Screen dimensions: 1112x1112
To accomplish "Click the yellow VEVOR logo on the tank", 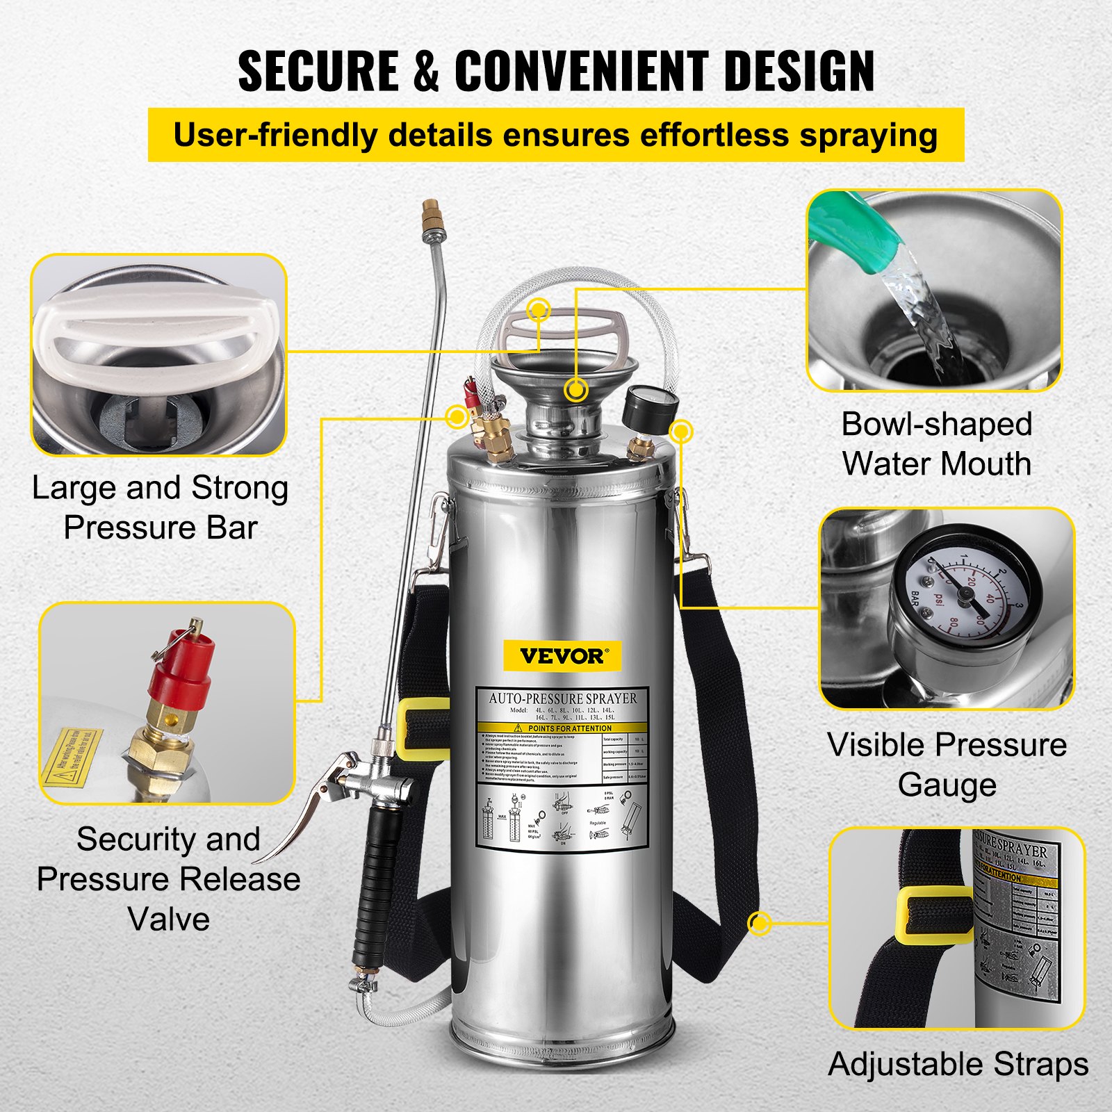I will (x=562, y=655).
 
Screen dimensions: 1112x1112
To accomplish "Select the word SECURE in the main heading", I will (x=318, y=71).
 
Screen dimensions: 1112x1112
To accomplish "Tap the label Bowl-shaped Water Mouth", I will (x=936, y=444).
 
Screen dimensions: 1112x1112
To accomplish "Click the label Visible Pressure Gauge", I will (x=947, y=764).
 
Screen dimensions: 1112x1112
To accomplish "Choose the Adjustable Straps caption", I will (x=958, y=1065).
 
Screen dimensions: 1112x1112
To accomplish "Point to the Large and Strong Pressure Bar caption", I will (x=160, y=507).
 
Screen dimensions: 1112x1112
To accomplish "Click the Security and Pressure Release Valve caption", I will (x=168, y=879).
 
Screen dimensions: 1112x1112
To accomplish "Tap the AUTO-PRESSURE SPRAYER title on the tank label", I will (x=562, y=698).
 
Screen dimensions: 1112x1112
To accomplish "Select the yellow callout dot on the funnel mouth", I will (x=575, y=390).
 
